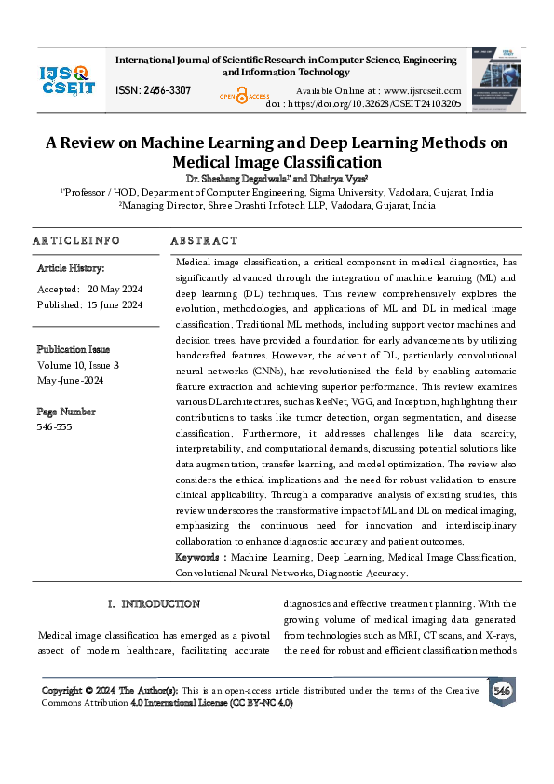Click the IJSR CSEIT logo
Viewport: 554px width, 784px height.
point(67,79)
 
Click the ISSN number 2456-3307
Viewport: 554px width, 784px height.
point(167,90)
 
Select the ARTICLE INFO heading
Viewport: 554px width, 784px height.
point(76,240)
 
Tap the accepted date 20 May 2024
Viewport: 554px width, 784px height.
point(115,289)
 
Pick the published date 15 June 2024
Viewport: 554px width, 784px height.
point(115,304)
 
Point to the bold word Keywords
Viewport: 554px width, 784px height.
point(200,557)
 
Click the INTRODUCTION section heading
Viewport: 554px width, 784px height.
point(160,604)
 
